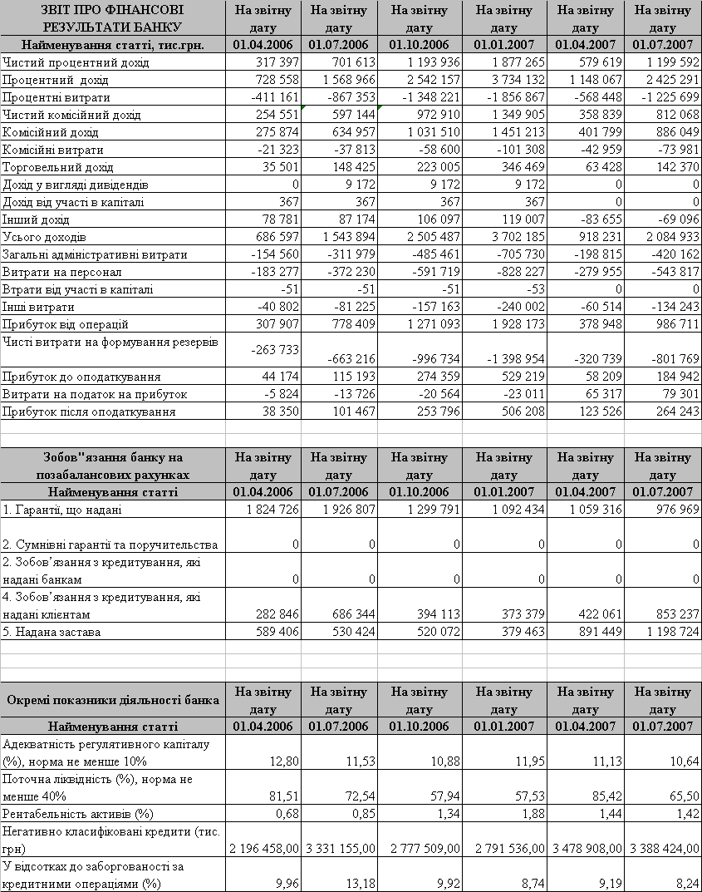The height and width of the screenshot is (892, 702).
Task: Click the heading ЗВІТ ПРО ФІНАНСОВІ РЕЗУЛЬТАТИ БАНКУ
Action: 112,18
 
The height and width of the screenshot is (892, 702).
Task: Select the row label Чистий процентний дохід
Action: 76,62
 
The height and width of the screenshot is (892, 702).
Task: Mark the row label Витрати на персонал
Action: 62,272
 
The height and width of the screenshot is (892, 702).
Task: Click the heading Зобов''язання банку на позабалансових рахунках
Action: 112,466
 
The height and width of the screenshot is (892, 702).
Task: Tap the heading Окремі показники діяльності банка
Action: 112,700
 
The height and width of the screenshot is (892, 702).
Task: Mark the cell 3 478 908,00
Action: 585,849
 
